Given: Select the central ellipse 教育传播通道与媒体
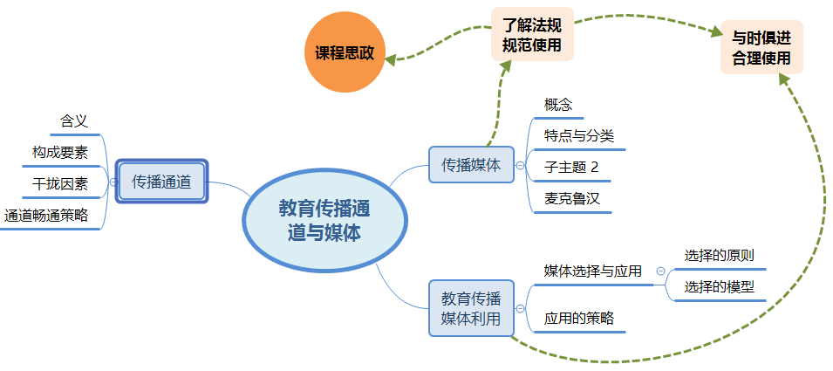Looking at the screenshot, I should point(324,220).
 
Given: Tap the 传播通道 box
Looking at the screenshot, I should point(162,182).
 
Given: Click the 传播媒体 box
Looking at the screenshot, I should point(471,164).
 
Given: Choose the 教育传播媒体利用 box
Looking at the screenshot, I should point(471,307).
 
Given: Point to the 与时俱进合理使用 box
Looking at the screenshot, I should point(761,48).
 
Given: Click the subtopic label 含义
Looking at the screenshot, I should point(74,121).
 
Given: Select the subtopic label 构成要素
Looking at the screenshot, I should point(60,153).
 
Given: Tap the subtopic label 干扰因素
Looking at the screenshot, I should point(60,184).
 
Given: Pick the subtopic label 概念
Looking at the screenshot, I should point(558,105).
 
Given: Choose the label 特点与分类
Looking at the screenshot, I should point(579,135).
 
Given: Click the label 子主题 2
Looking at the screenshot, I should point(572,166).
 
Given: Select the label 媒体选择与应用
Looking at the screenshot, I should point(593,271).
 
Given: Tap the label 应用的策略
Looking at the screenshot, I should point(579,319).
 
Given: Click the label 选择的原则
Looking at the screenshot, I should point(720,256).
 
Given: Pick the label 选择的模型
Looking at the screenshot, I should point(720,287).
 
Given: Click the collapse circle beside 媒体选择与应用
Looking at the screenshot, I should point(660,271).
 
